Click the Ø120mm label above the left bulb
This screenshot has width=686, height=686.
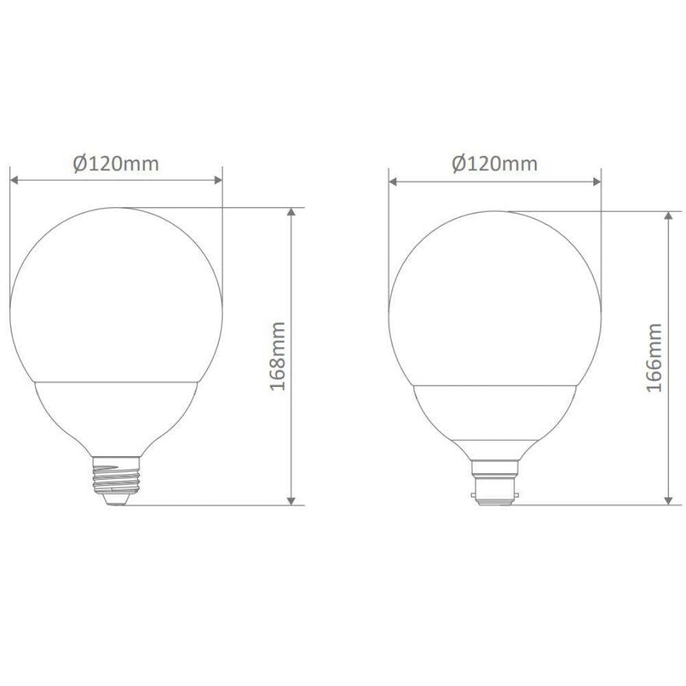pyautogui.click(x=116, y=163)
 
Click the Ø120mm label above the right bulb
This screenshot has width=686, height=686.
pyautogui.click(x=495, y=164)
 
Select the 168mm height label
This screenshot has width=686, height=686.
pyautogui.click(x=277, y=356)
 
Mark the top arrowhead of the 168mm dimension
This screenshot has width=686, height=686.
pyautogui.click(x=292, y=212)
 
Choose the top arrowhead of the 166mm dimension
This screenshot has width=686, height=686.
pyautogui.click(x=669, y=215)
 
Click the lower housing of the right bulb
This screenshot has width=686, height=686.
pyautogui.click(x=495, y=418)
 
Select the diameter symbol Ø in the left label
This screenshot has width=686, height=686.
pyautogui.click(x=79, y=163)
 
